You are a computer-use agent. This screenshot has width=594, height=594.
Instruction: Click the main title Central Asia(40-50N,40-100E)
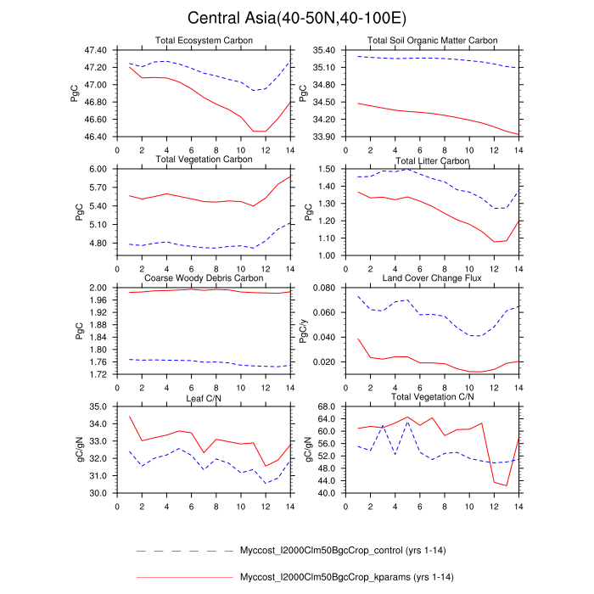(x=297, y=18)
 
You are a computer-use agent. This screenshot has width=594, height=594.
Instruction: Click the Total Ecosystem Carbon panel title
(x=203, y=41)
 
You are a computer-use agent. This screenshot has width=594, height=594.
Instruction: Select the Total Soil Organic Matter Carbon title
(x=432, y=41)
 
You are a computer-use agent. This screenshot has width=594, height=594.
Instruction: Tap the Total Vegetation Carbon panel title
(x=203, y=160)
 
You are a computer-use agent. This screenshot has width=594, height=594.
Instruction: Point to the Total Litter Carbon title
(x=432, y=160)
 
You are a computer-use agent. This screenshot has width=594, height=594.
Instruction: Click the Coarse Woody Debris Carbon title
(x=203, y=278)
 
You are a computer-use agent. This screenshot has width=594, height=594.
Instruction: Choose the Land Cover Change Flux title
(x=432, y=278)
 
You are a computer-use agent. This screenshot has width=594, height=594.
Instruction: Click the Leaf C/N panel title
(x=203, y=397)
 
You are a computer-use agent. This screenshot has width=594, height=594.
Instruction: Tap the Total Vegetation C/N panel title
(x=432, y=397)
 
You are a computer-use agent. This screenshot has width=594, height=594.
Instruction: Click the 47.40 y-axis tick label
(x=96, y=50)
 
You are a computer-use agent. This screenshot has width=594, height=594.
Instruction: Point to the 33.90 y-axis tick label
(x=325, y=137)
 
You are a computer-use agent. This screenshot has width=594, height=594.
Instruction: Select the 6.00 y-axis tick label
(x=100, y=169)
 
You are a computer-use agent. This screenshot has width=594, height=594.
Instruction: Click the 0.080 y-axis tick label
(x=325, y=288)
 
